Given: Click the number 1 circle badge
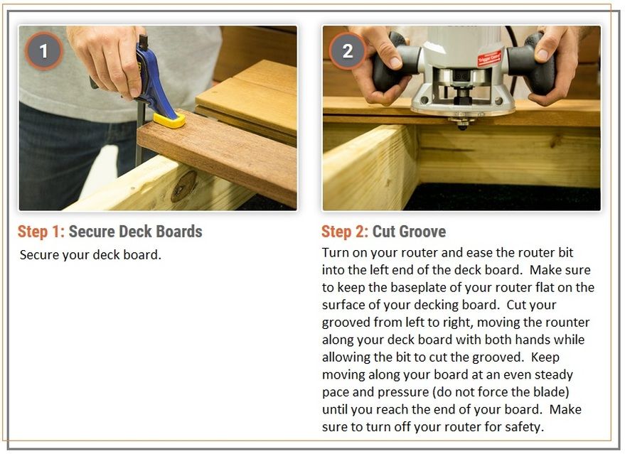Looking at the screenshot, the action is coord(43,51).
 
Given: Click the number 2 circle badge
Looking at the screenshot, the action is coord(348,51).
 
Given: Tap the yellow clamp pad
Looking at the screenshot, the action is coord(170,119).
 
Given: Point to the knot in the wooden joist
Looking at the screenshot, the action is coord(183,186).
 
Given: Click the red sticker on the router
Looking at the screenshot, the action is coord(489,58).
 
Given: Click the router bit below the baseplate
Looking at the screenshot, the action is coord(462,124).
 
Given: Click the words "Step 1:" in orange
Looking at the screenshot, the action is coord(41,232).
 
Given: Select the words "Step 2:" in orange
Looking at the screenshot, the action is coord(345,232).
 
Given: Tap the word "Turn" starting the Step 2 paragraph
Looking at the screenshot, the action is coord(334,252).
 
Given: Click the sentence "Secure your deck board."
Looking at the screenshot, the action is coord(90,255).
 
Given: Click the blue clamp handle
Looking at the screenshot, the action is coord(154,77).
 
